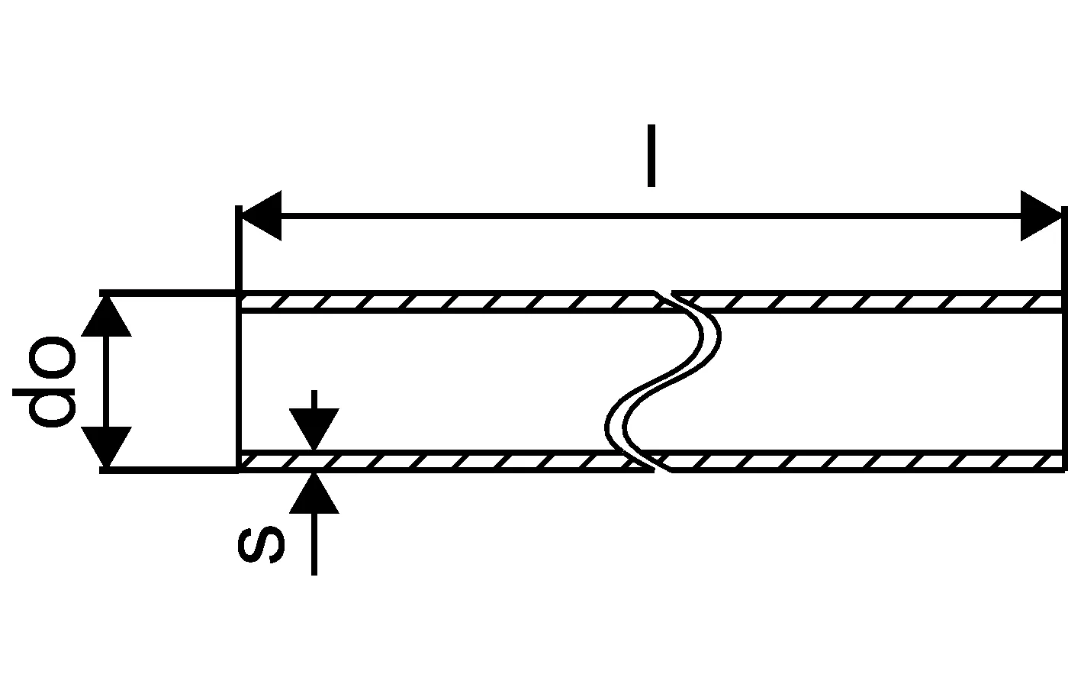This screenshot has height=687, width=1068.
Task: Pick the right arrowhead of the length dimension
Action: tap(1041, 216)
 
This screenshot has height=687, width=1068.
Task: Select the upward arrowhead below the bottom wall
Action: tap(314, 493)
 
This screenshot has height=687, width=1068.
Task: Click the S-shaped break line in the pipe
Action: tap(664, 382)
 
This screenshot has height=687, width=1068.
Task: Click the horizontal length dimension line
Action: tap(648, 216)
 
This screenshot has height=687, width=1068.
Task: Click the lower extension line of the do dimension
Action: tap(168, 470)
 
